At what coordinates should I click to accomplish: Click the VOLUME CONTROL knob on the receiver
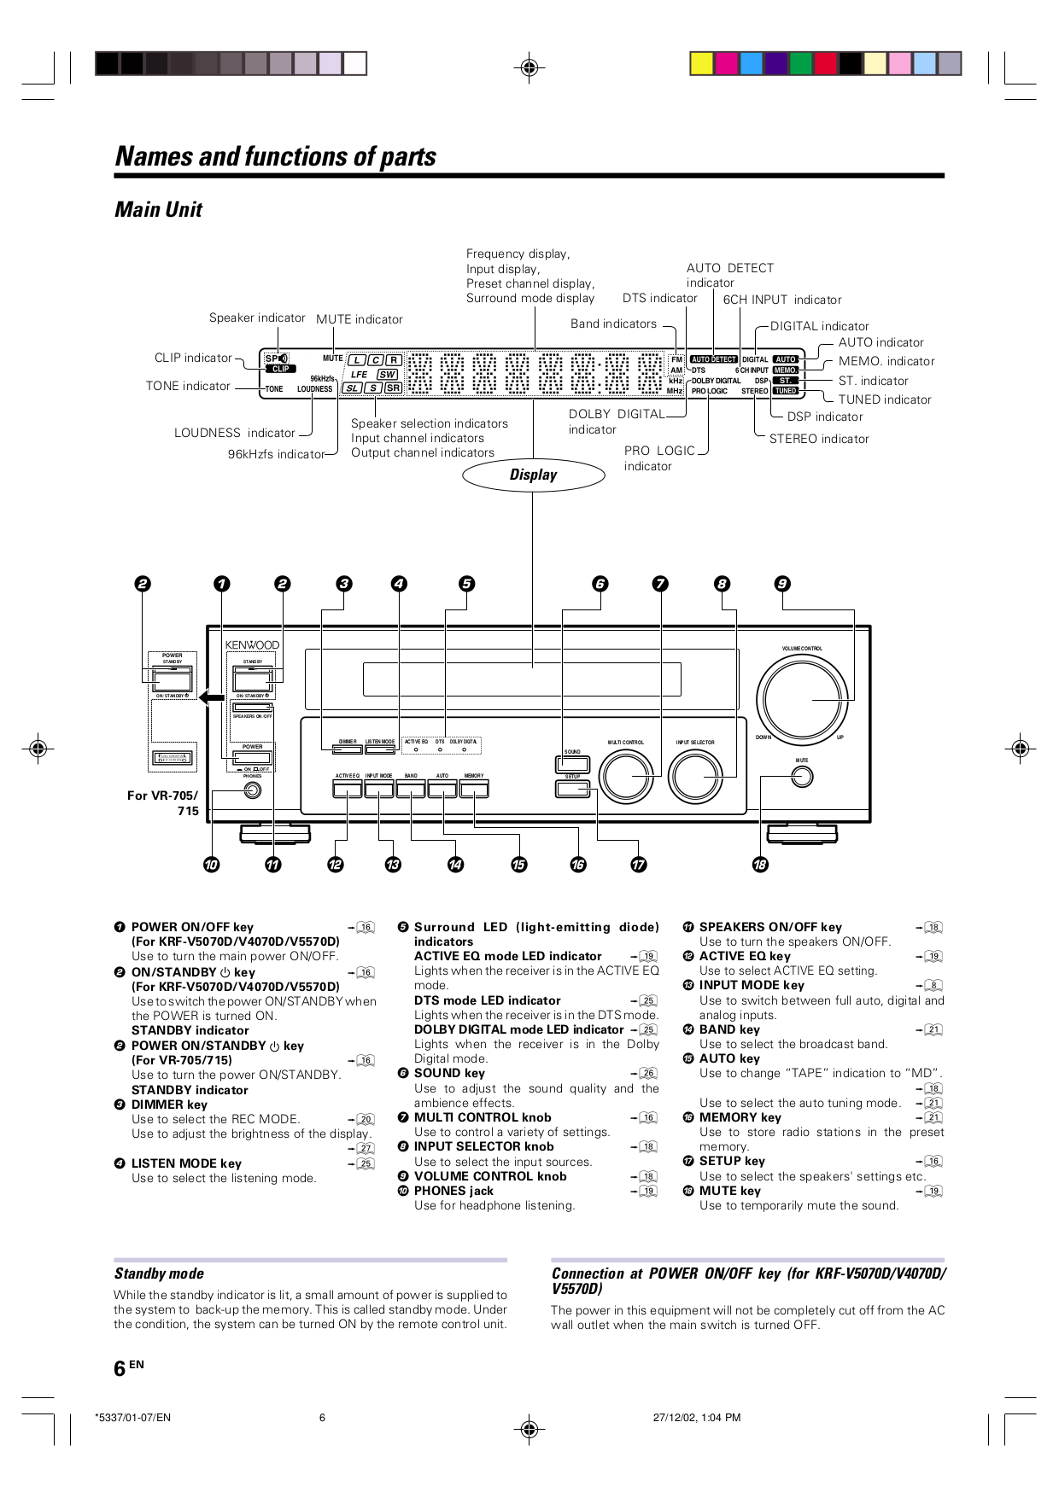coord(801,699)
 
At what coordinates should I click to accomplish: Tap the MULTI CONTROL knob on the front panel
coord(626,776)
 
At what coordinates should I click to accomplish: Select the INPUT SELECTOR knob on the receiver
coord(695,776)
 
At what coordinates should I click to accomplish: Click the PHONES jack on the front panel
coord(252,790)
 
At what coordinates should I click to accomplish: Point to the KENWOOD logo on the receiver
coord(252,645)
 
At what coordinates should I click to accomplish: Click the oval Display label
coord(533,475)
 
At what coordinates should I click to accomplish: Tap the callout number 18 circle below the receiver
coord(760,865)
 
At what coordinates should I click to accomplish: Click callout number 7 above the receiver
coord(660,584)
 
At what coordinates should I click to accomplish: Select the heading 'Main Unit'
coord(159,210)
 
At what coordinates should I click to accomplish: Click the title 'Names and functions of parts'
coord(275,157)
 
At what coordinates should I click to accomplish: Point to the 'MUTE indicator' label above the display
coord(359,319)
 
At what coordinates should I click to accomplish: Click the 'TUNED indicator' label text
coord(884,399)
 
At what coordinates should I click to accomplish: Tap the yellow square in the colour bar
coord(702,64)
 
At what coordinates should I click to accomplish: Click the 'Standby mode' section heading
coord(159,1274)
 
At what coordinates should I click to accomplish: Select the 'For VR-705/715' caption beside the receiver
coord(163,803)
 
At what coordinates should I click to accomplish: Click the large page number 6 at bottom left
coord(120,1368)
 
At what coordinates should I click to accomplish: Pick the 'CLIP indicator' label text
coord(193,358)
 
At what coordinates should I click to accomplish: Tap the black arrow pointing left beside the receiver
coord(211,697)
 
